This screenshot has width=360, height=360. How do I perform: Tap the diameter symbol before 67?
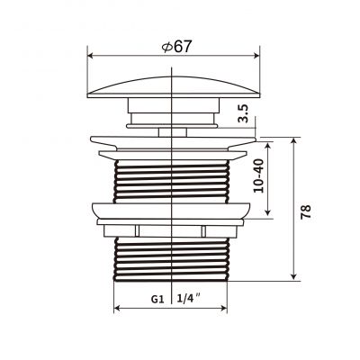pyautogui.click(x=166, y=46)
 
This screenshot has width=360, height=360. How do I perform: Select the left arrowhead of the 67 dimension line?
pyautogui.click(x=92, y=56)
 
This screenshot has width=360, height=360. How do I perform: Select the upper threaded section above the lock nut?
pyautogui.click(x=170, y=180)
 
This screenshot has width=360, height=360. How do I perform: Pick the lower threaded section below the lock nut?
pyautogui.click(x=170, y=256)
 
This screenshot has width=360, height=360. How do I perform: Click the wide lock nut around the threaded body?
pyautogui.click(x=170, y=212)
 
